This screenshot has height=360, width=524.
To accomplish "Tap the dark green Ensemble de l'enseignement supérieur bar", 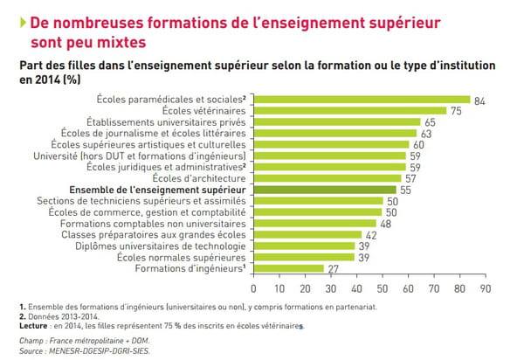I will coord(324,189).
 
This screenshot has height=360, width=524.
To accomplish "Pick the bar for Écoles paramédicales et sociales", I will coord(361,99).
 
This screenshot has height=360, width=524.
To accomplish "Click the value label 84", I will coord(479,101).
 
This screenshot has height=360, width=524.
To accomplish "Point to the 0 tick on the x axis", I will coord(253,287).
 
